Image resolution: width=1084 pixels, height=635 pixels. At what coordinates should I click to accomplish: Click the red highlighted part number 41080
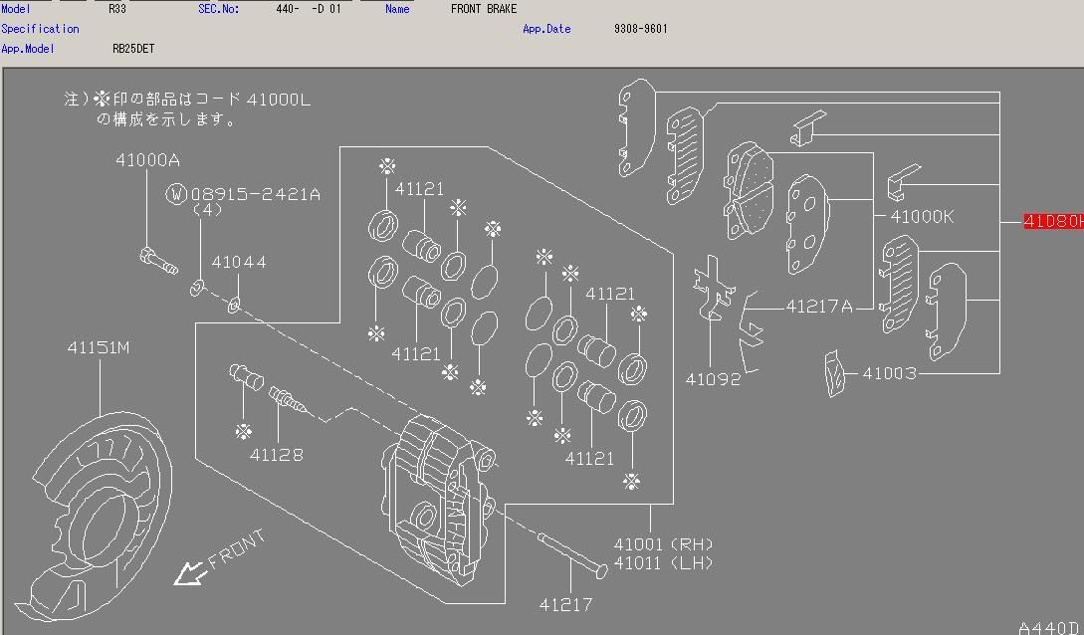point(1053,221)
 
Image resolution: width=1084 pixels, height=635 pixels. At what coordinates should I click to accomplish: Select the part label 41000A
point(147,159)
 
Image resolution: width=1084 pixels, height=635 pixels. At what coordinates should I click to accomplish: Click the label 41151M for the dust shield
point(99,347)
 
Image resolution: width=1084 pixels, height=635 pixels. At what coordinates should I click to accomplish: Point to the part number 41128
point(276,455)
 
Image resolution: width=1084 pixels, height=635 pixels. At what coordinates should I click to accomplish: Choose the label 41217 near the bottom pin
point(565,604)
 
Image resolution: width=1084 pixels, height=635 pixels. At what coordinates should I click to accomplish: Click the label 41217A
point(819,307)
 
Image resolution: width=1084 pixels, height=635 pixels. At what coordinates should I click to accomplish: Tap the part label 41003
point(889,373)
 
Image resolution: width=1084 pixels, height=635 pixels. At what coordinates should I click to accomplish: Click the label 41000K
point(921,217)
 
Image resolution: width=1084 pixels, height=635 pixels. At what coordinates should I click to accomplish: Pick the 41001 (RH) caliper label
point(663,544)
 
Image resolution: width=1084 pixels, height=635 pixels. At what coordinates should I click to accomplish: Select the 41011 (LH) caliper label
point(663,563)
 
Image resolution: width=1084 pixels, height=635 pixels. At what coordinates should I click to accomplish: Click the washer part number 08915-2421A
point(255,194)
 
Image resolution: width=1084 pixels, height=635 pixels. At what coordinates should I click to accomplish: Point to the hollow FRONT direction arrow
point(186,574)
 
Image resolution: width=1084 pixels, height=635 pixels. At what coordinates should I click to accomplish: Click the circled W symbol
point(176,194)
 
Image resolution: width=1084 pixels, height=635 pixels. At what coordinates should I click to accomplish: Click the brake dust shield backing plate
point(90,518)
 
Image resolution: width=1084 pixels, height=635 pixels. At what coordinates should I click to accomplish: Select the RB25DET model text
point(133,48)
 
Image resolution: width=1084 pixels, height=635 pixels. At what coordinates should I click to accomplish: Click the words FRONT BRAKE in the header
point(484,9)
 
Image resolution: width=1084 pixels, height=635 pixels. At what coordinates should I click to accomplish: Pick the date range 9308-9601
point(640,29)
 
